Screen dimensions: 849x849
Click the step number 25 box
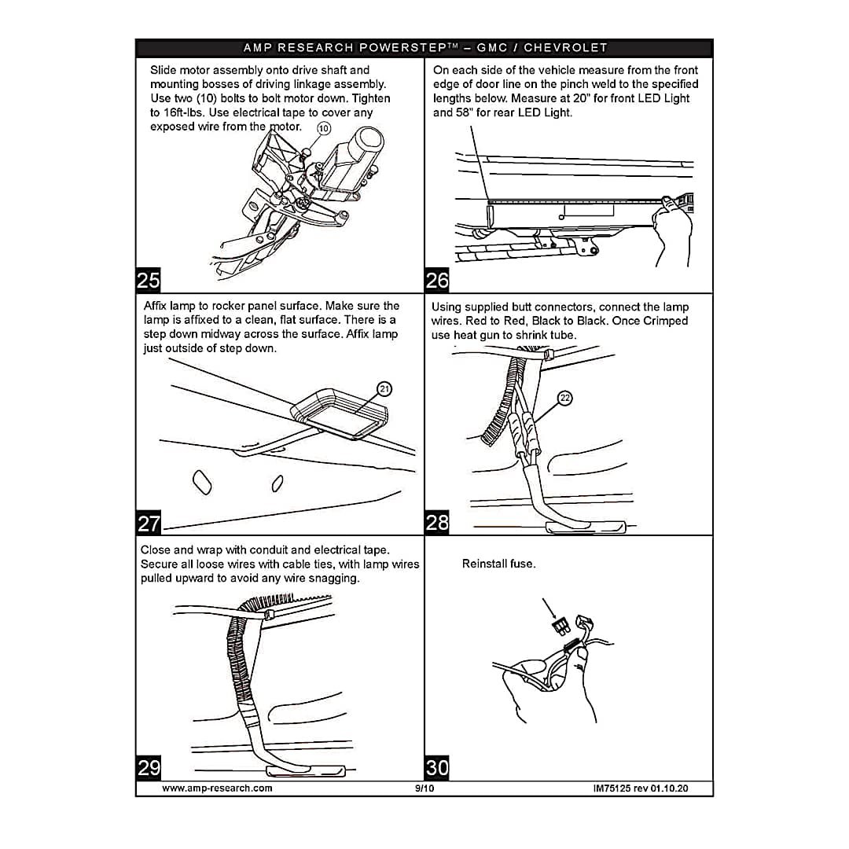[149, 281]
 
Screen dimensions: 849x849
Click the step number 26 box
[437, 281]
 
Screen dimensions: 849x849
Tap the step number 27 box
[149, 524]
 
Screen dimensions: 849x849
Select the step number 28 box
[437, 524]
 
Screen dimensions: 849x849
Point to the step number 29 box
[149, 767]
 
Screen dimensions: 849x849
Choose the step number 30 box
[437, 767]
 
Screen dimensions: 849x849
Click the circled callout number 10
[323, 129]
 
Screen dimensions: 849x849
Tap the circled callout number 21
[384, 388]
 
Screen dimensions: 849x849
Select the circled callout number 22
[564, 398]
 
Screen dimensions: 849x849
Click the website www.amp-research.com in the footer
[217, 788]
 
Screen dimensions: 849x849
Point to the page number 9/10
[424, 788]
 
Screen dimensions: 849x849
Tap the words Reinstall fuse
[498, 564]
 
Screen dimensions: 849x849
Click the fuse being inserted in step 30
[560, 626]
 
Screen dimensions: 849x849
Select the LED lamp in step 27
[342, 411]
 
